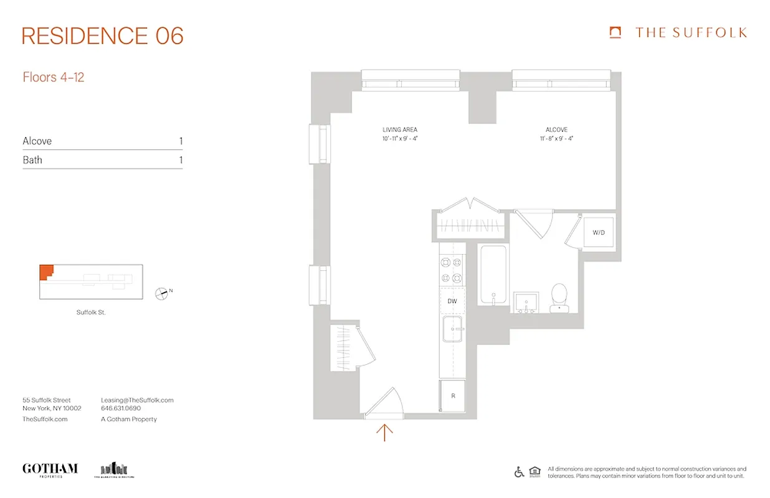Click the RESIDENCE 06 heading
coord(103,36)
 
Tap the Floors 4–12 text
coord(54,78)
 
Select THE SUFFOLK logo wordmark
coord(690,33)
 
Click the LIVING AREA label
coord(400,130)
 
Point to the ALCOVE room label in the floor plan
coord(556,130)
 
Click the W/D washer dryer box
coord(599,233)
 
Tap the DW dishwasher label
coord(452,301)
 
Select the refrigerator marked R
coord(452,396)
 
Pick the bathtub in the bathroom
coord(493,274)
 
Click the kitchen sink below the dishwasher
coord(454,329)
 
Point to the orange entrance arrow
coord(385,431)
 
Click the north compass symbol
coord(162,292)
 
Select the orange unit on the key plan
coord(46,272)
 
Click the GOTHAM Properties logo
coord(50,469)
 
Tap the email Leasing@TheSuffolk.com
coord(137,400)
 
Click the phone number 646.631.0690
coord(121,408)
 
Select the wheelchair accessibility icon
coord(519,472)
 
